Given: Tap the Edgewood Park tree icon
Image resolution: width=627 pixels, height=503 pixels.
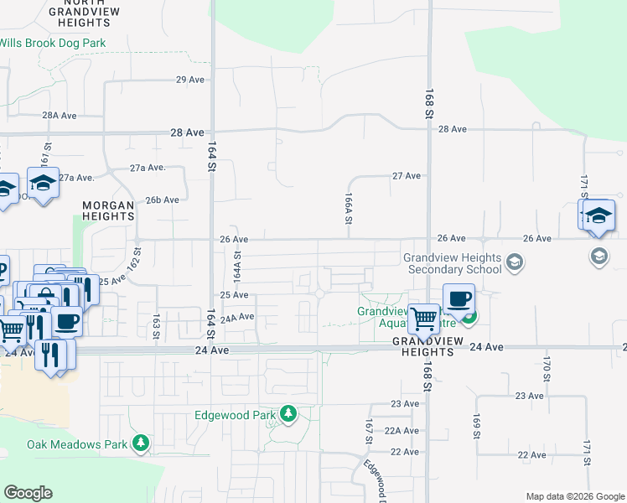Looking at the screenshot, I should pyautogui.click(x=288, y=414).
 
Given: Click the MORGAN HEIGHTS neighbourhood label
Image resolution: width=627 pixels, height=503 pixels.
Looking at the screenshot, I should pyautogui.click(x=108, y=210).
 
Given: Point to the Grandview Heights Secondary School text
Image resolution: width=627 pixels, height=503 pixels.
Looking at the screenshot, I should pyautogui.click(x=452, y=263).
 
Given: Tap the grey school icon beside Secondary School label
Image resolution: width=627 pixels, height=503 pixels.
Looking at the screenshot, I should pyautogui.click(x=515, y=264).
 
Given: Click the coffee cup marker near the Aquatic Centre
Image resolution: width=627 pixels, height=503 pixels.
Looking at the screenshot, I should pyautogui.click(x=459, y=299).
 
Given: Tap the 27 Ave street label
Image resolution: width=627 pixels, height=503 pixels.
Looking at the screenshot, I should pyautogui.click(x=407, y=176).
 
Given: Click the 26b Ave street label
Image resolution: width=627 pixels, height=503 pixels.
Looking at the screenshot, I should pyautogui.click(x=163, y=200).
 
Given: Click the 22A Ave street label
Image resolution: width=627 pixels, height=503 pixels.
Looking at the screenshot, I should pyautogui.click(x=404, y=430).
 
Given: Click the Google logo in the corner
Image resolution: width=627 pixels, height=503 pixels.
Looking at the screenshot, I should pyautogui.click(x=28, y=493).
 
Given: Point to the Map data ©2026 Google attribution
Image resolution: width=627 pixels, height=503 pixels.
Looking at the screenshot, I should pyautogui.click(x=574, y=496).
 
